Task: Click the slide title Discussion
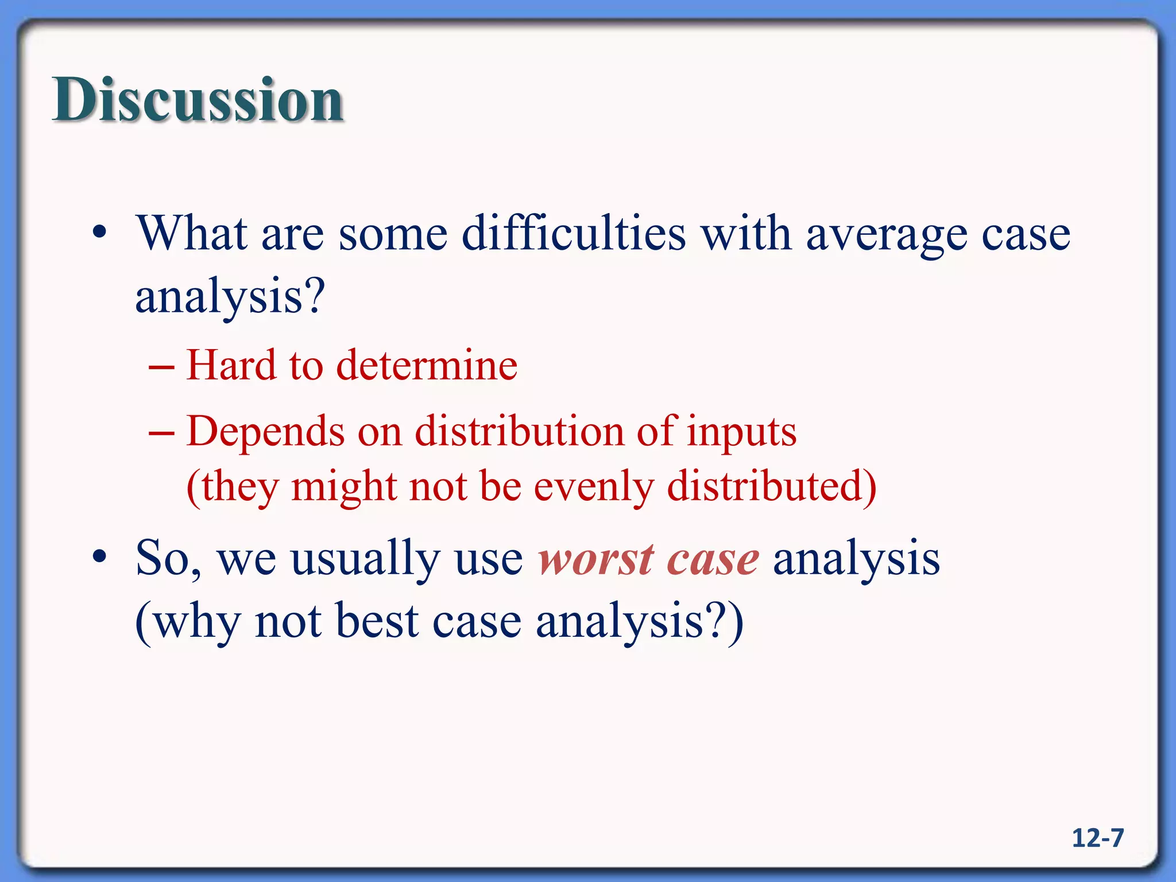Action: click(198, 100)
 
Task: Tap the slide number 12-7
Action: click(1097, 838)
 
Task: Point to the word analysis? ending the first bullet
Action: click(230, 297)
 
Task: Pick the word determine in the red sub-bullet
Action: click(427, 366)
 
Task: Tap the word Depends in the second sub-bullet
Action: click(265, 432)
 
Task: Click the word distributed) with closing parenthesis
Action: click(772, 486)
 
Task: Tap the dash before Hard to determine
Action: click(161, 366)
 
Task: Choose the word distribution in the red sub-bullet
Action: click(519, 431)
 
